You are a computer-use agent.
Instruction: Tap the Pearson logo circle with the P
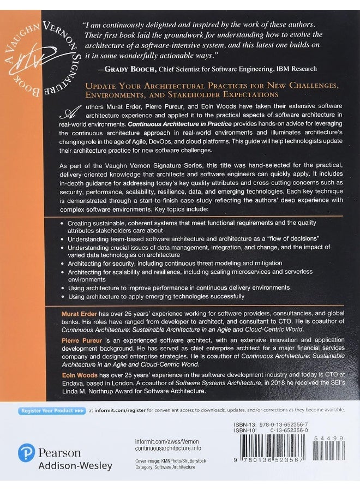pos(26,452)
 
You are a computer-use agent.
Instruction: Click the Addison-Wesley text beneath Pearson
pos(75,465)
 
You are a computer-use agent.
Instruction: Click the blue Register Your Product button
pos(52,410)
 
